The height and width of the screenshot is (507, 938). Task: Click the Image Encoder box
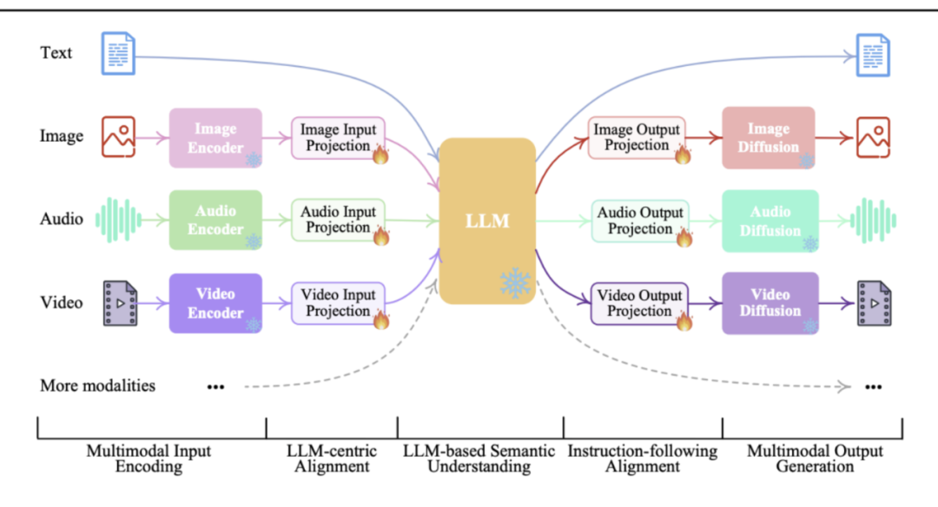(215, 137)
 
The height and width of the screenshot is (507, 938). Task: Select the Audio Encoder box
(215, 220)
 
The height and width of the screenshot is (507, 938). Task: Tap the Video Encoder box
(215, 302)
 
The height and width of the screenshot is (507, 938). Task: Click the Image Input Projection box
(338, 138)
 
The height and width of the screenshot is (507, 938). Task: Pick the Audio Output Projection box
(640, 221)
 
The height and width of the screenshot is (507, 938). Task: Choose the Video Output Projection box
(639, 304)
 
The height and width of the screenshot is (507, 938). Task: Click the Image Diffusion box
(768, 137)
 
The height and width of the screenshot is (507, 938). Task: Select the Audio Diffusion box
(770, 221)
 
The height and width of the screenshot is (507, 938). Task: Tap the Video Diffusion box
(770, 303)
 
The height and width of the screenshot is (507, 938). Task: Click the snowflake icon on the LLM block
(515, 283)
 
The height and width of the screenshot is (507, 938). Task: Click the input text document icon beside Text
(118, 53)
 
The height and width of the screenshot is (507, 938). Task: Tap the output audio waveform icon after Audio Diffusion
(874, 221)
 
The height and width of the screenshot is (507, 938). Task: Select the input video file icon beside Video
(120, 303)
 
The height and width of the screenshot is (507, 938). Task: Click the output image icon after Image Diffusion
(873, 137)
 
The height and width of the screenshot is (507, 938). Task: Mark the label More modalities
(97, 385)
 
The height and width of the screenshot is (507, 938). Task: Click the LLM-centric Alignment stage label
(332, 458)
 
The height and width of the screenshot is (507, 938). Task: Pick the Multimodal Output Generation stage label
(815, 458)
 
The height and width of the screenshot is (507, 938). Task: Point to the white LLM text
(487, 221)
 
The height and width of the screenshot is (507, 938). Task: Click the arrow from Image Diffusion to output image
(834, 138)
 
